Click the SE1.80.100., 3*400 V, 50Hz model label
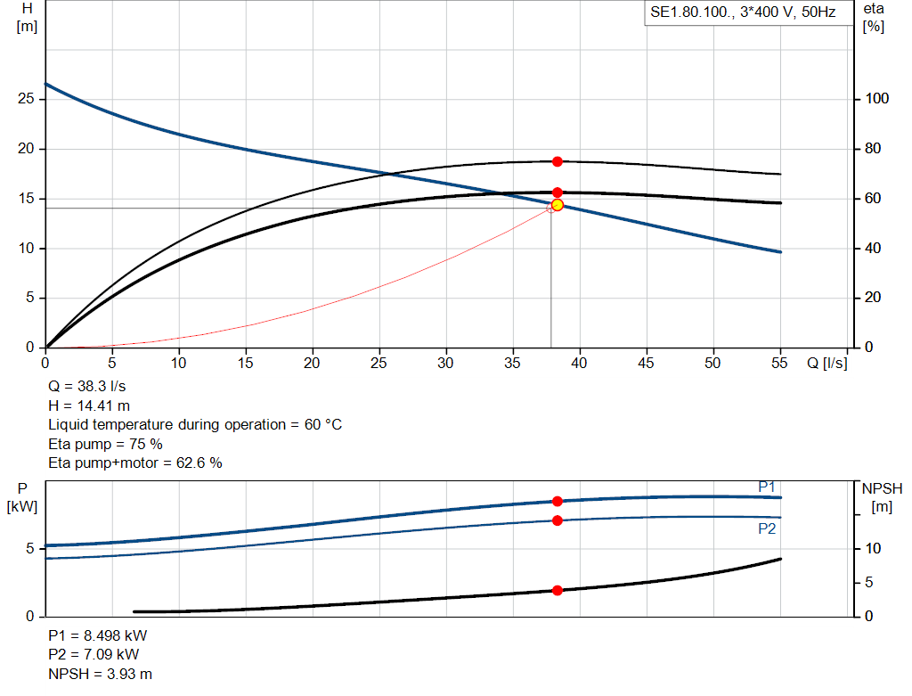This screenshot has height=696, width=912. (743, 12)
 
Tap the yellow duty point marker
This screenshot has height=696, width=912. (558, 205)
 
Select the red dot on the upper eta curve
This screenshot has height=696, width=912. (558, 162)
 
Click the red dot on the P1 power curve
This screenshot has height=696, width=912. (558, 501)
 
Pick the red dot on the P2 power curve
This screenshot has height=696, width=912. (558, 520)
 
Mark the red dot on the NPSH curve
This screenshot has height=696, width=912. (558, 590)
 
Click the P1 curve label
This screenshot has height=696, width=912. (767, 487)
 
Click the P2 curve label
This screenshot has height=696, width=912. (767, 529)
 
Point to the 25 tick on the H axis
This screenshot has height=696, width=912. (26, 99)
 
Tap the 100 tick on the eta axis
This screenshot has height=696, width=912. (876, 99)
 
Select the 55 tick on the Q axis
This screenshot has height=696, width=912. (779, 363)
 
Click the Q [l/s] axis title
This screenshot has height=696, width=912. (827, 363)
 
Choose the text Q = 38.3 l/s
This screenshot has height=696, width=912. (86, 387)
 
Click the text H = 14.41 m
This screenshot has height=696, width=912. (89, 405)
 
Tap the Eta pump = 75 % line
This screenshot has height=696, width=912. (105, 444)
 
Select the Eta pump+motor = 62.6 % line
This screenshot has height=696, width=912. (135, 463)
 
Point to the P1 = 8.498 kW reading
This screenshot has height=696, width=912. (98, 635)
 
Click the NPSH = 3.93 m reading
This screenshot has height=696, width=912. (100, 674)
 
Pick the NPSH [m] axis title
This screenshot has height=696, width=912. (882, 497)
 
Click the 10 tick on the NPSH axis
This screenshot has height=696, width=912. (873, 549)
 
